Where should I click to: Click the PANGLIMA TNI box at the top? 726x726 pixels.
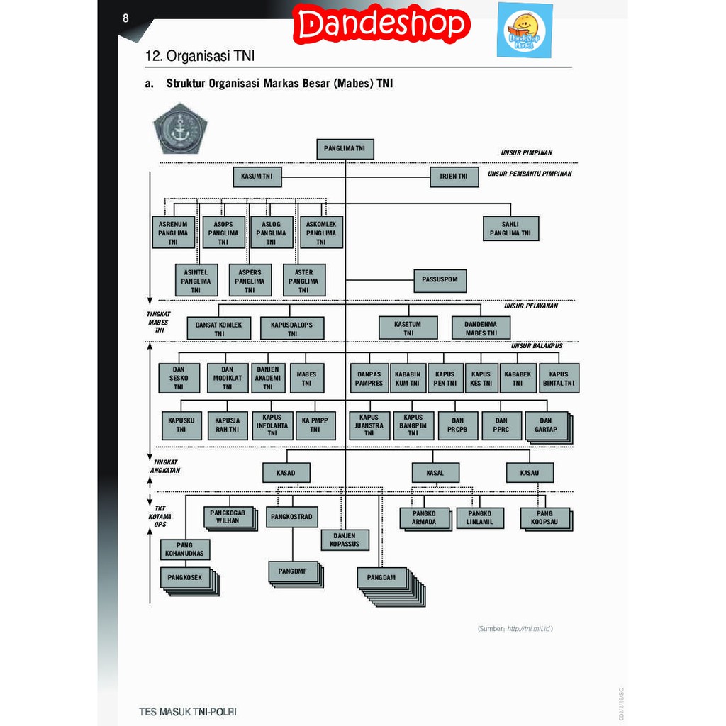345,149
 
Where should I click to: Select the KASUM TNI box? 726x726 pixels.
257,176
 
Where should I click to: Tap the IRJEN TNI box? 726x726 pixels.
454,176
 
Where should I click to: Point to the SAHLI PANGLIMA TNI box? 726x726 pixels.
510,228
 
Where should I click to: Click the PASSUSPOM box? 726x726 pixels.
440,280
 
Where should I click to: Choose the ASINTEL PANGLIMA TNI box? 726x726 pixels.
196,281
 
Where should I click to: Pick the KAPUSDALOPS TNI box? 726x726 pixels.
292,328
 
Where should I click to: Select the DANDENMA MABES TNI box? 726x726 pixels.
481,328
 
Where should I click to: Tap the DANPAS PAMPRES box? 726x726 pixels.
369,379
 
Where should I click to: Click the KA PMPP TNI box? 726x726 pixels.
315,425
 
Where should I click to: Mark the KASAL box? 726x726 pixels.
435,473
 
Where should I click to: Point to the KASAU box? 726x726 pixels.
530,473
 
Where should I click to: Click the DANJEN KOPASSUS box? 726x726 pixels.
345,540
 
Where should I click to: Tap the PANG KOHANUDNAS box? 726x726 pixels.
184,549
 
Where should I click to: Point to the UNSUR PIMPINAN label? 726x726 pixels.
526,152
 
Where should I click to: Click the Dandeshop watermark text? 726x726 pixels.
383,26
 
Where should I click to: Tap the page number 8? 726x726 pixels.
125,18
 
